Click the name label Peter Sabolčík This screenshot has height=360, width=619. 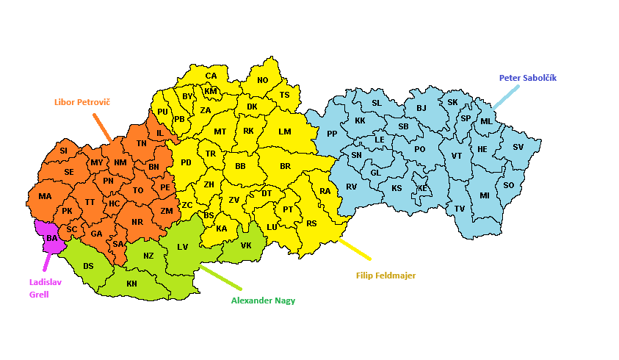(532, 77)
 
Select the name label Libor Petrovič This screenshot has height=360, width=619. (82, 101)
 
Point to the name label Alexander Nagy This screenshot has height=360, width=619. (263, 300)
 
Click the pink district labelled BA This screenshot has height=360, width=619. (51, 238)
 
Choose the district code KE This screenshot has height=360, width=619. (422, 188)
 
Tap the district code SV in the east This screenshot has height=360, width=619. (518, 147)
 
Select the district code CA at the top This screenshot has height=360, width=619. (211, 76)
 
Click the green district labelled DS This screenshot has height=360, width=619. (88, 266)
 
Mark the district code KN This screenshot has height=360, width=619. (131, 284)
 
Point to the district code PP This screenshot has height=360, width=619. (332, 134)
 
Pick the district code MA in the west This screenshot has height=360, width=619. (46, 196)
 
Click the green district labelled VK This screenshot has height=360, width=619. (246, 245)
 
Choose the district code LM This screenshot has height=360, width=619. (285, 132)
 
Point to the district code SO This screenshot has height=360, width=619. (508, 185)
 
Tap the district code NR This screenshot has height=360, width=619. (137, 222)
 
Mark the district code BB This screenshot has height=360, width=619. (240, 166)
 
